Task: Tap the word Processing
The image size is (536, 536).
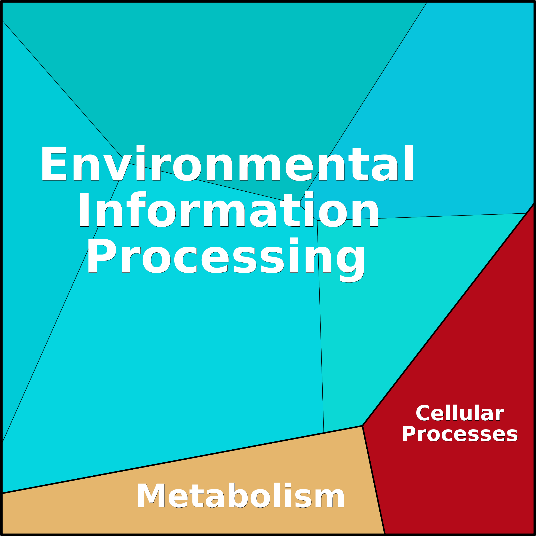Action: pyautogui.click(x=226, y=260)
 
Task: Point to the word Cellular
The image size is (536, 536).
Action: pyautogui.click(x=460, y=413)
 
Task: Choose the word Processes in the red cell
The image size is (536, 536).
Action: pyautogui.click(x=460, y=434)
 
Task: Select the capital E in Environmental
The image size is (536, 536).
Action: pyautogui.click(x=54, y=163)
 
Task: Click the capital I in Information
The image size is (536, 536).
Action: pyautogui.click(x=84, y=210)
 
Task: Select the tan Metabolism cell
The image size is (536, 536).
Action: pyautogui.click(x=222, y=499)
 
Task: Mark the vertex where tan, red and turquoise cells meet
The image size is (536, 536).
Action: pyautogui.click(x=362, y=426)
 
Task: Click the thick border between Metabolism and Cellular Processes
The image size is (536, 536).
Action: pyautogui.click(x=374, y=480)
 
